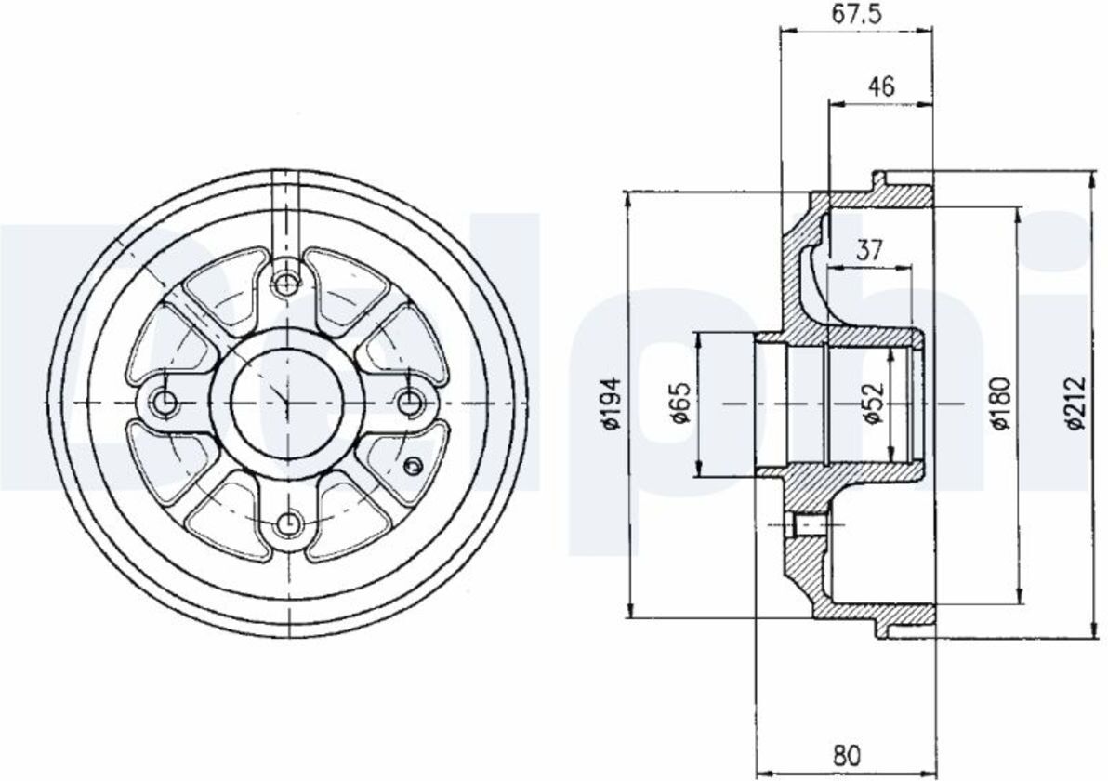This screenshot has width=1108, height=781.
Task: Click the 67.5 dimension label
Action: pyautogui.click(x=856, y=14)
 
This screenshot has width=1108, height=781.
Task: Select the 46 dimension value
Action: pyautogui.click(x=881, y=86)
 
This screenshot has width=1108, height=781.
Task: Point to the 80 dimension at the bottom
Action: pyautogui.click(x=847, y=756)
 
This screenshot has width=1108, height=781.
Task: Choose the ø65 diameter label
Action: pyautogui.click(x=680, y=404)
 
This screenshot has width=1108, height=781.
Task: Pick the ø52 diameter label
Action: pyautogui.click(x=874, y=404)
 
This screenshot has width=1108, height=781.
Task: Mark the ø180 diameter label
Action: pyautogui.click(x=1001, y=404)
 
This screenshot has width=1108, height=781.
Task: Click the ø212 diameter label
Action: pyautogui.click(x=1075, y=404)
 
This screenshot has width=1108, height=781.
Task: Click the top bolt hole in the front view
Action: pyautogui.click(x=285, y=285)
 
